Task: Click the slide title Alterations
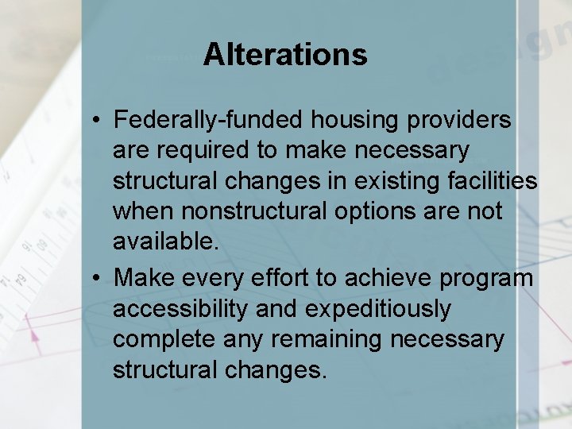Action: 285,55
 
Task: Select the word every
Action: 215,278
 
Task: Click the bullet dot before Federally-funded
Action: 95,121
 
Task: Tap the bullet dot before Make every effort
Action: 95,278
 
